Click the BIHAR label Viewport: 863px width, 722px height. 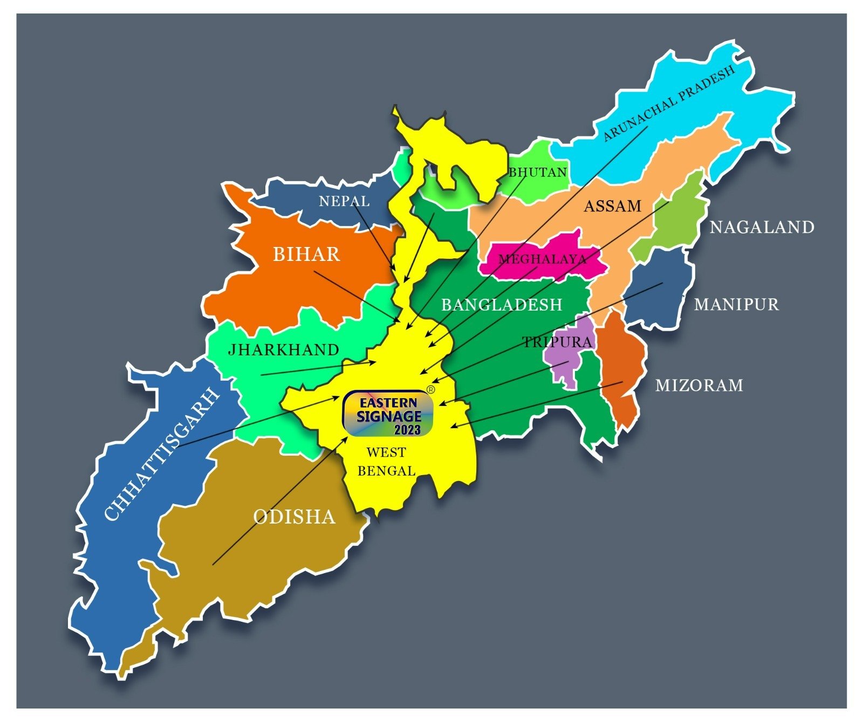pyautogui.click(x=306, y=254)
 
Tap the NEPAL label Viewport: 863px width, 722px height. pyautogui.click(x=344, y=201)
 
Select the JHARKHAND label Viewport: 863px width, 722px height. pyautogui.click(x=283, y=349)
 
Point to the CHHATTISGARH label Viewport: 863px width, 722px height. pyautogui.click(x=162, y=454)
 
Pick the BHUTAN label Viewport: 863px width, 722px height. pyautogui.click(x=538, y=172)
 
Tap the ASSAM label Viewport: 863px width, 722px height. pyautogui.click(x=613, y=206)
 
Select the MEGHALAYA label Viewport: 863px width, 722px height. pyautogui.click(x=542, y=259)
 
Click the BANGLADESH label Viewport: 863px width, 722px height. pyautogui.click(x=502, y=305)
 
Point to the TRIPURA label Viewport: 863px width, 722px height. pyautogui.click(x=557, y=342)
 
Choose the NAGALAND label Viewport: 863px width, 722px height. pyautogui.click(x=762, y=227)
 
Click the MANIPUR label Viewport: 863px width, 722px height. pyautogui.click(x=736, y=305)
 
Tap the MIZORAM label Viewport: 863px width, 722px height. pyautogui.click(x=699, y=385)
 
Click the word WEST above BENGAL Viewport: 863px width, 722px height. pyautogui.click(x=386, y=452)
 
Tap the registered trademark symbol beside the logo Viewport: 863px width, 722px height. pyautogui.click(x=430, y=389)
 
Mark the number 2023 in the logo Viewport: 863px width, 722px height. pyautogui.click(x=407, y=430)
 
